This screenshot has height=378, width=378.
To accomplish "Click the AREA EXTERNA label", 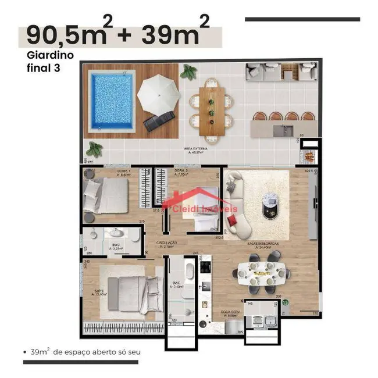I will tap(197, 150).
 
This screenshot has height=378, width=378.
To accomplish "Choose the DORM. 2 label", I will tap(182, 172).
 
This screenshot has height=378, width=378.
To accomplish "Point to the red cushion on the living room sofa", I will tap(233, 219).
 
